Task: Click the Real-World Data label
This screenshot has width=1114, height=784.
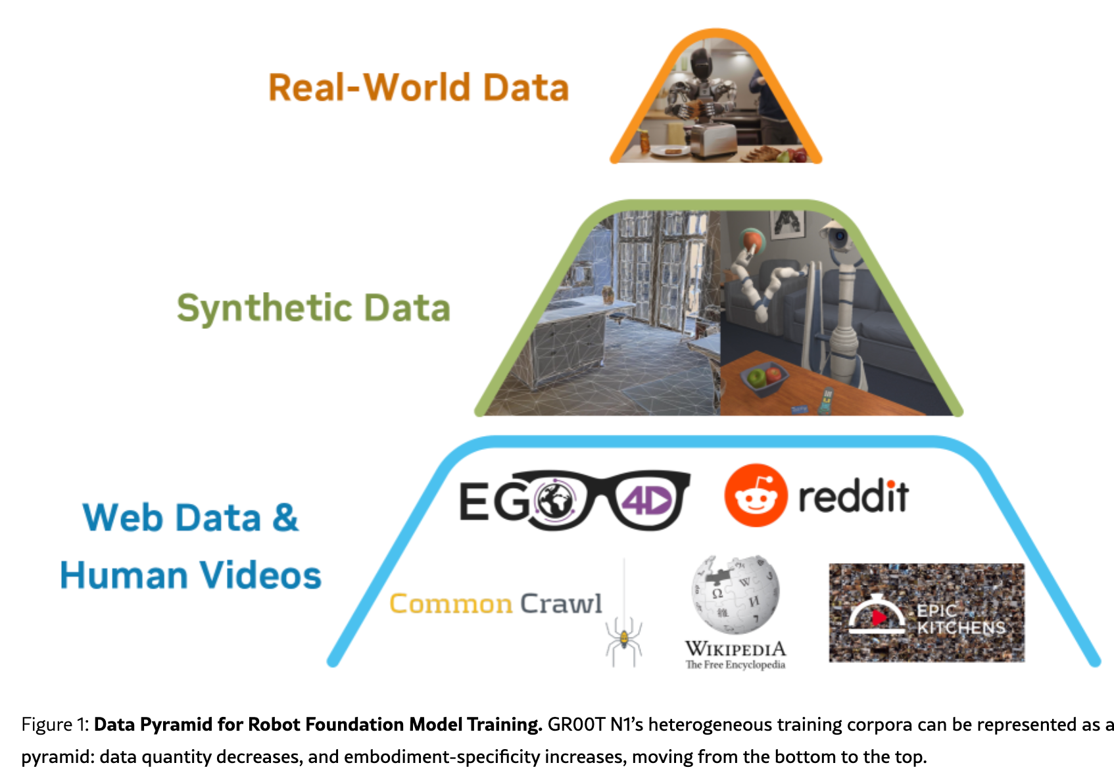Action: click(418, 87)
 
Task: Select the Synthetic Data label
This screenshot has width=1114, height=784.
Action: click(314, 308)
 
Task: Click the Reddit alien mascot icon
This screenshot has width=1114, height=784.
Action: click(756, 495)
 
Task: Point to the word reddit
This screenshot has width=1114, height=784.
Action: click(853, 497)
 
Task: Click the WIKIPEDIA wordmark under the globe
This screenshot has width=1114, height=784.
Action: click(735, 649)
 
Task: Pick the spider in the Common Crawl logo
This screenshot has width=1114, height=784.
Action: click(623, 635)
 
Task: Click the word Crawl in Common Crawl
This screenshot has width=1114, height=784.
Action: click(561, 603)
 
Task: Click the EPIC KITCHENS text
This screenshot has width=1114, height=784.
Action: click(961, 619)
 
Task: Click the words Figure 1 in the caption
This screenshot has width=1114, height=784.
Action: click(54, 724)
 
